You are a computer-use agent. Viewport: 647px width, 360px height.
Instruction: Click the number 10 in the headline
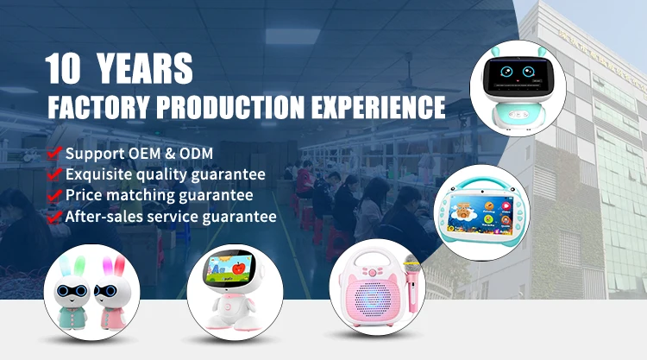point(63,68)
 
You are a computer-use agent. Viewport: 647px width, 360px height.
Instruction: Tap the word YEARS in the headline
point(145,68)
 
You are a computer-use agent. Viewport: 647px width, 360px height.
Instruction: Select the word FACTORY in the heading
point(98,107)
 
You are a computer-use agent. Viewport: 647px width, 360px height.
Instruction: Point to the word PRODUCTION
point(230,107)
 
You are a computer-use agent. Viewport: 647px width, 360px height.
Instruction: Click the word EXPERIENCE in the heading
point(379,107)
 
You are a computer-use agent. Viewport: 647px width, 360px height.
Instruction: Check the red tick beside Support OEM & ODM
point(54,153)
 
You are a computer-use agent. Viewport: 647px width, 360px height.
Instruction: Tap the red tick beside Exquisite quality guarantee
point(54,174)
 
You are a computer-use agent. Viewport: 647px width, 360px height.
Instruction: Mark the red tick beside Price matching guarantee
point(54,195)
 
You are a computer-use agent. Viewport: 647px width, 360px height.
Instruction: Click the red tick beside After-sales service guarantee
point(54,217)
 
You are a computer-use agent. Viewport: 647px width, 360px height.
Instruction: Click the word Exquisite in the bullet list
point(99,174)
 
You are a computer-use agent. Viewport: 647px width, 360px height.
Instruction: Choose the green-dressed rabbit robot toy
point(72,294)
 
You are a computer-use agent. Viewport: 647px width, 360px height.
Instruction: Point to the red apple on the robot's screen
point(238,268)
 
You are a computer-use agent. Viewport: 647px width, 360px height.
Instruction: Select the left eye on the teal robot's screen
point(506,72)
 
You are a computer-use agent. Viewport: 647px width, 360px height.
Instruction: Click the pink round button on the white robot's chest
point(228,306)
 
